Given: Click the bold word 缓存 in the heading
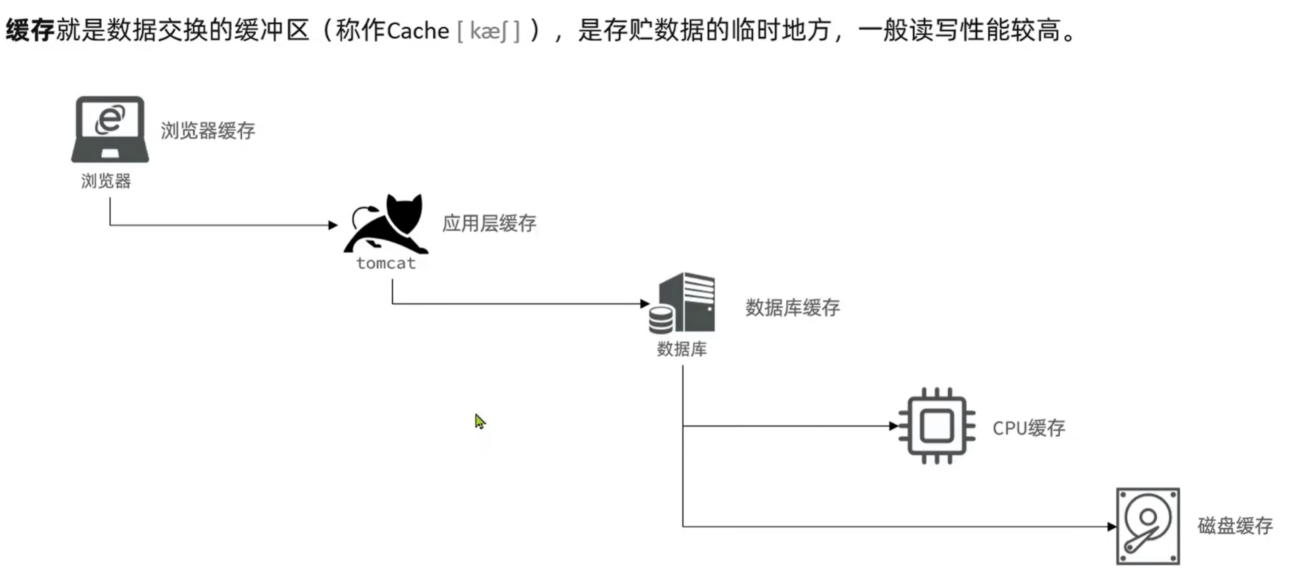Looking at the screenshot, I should click(30, 30).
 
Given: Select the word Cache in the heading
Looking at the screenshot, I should click(418, 31).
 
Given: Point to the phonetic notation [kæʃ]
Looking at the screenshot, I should click(488, 31).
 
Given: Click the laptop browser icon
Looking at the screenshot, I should click(110, 129).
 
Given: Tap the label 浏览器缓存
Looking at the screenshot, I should click(208, 131).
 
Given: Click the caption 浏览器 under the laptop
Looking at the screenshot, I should click(106, 181).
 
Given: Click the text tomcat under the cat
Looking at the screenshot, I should click(386, 263).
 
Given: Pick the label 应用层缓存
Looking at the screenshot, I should click(489, 223).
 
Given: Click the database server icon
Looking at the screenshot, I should click(682, 302).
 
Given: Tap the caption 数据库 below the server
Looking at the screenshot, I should click(682, 349).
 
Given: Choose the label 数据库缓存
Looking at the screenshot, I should click(792, 308).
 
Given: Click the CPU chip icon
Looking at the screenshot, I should click(936, 426).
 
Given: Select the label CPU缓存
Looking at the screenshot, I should click(1028, 428).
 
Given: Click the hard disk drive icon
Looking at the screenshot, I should click(1147, 526).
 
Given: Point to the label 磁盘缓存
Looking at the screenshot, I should click(1234, 526).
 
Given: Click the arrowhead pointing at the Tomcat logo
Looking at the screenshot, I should click(333, 225).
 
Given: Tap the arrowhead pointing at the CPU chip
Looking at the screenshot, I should click(893, 426).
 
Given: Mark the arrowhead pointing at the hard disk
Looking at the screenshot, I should click(1112, 526).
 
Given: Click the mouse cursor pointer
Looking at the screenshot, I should click(480, 421).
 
